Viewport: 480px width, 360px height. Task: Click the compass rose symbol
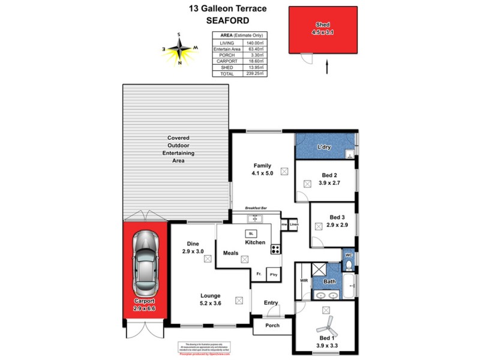pyautogui.click(x=180, y=48)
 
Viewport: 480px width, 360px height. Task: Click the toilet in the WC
pyautogui.click(x=349, y=262)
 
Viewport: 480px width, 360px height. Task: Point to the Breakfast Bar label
pyautogui.click(x=255, y=208)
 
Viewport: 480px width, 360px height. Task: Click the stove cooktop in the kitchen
pyautogui.click(x=276, y=248)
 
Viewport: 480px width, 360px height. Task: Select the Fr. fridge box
pyautogui.click(x=259, y=274)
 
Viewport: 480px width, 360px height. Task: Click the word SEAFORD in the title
pyautogui.click(x=227, y=20)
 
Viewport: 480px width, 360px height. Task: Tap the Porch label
pyautogui.click(x=272, y=326)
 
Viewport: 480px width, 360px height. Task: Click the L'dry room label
pyautogui.click(x=325, y=148)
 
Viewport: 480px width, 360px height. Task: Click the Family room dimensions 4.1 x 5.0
pyautogui.click(x=262, y=174)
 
